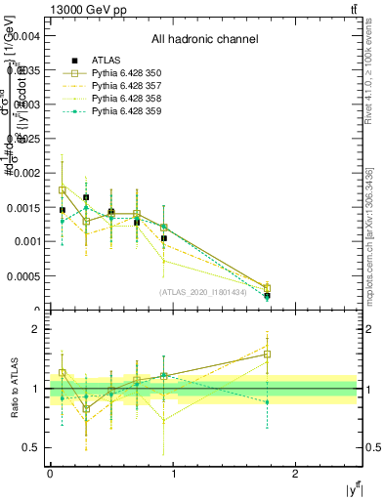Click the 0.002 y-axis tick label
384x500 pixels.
26,172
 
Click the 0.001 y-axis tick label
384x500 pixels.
26,241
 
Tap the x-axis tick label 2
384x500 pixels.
296,473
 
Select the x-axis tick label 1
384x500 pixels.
173,473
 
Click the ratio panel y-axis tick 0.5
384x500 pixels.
32,447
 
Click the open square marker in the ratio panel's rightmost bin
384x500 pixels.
267,354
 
